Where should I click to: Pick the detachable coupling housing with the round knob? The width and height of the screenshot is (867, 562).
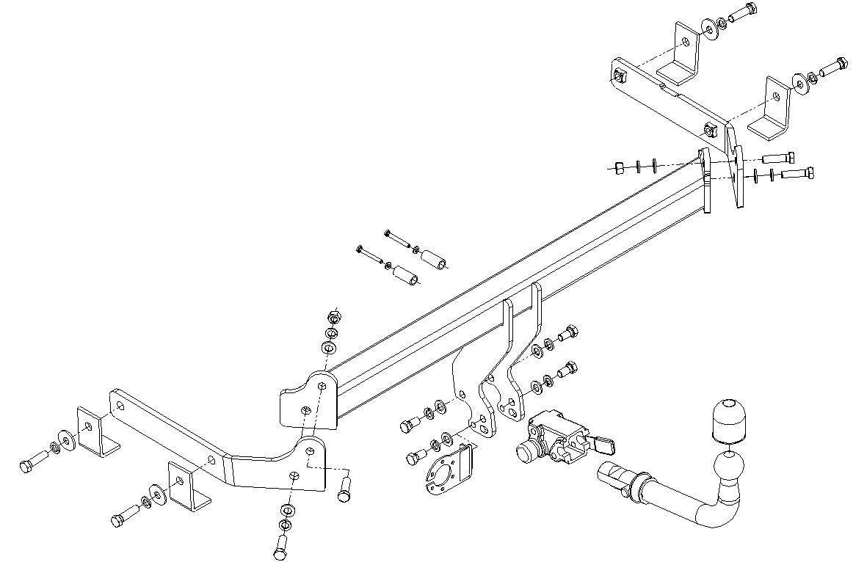coord(551,440)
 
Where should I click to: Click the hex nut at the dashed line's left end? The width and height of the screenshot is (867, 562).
coord(617,167)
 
